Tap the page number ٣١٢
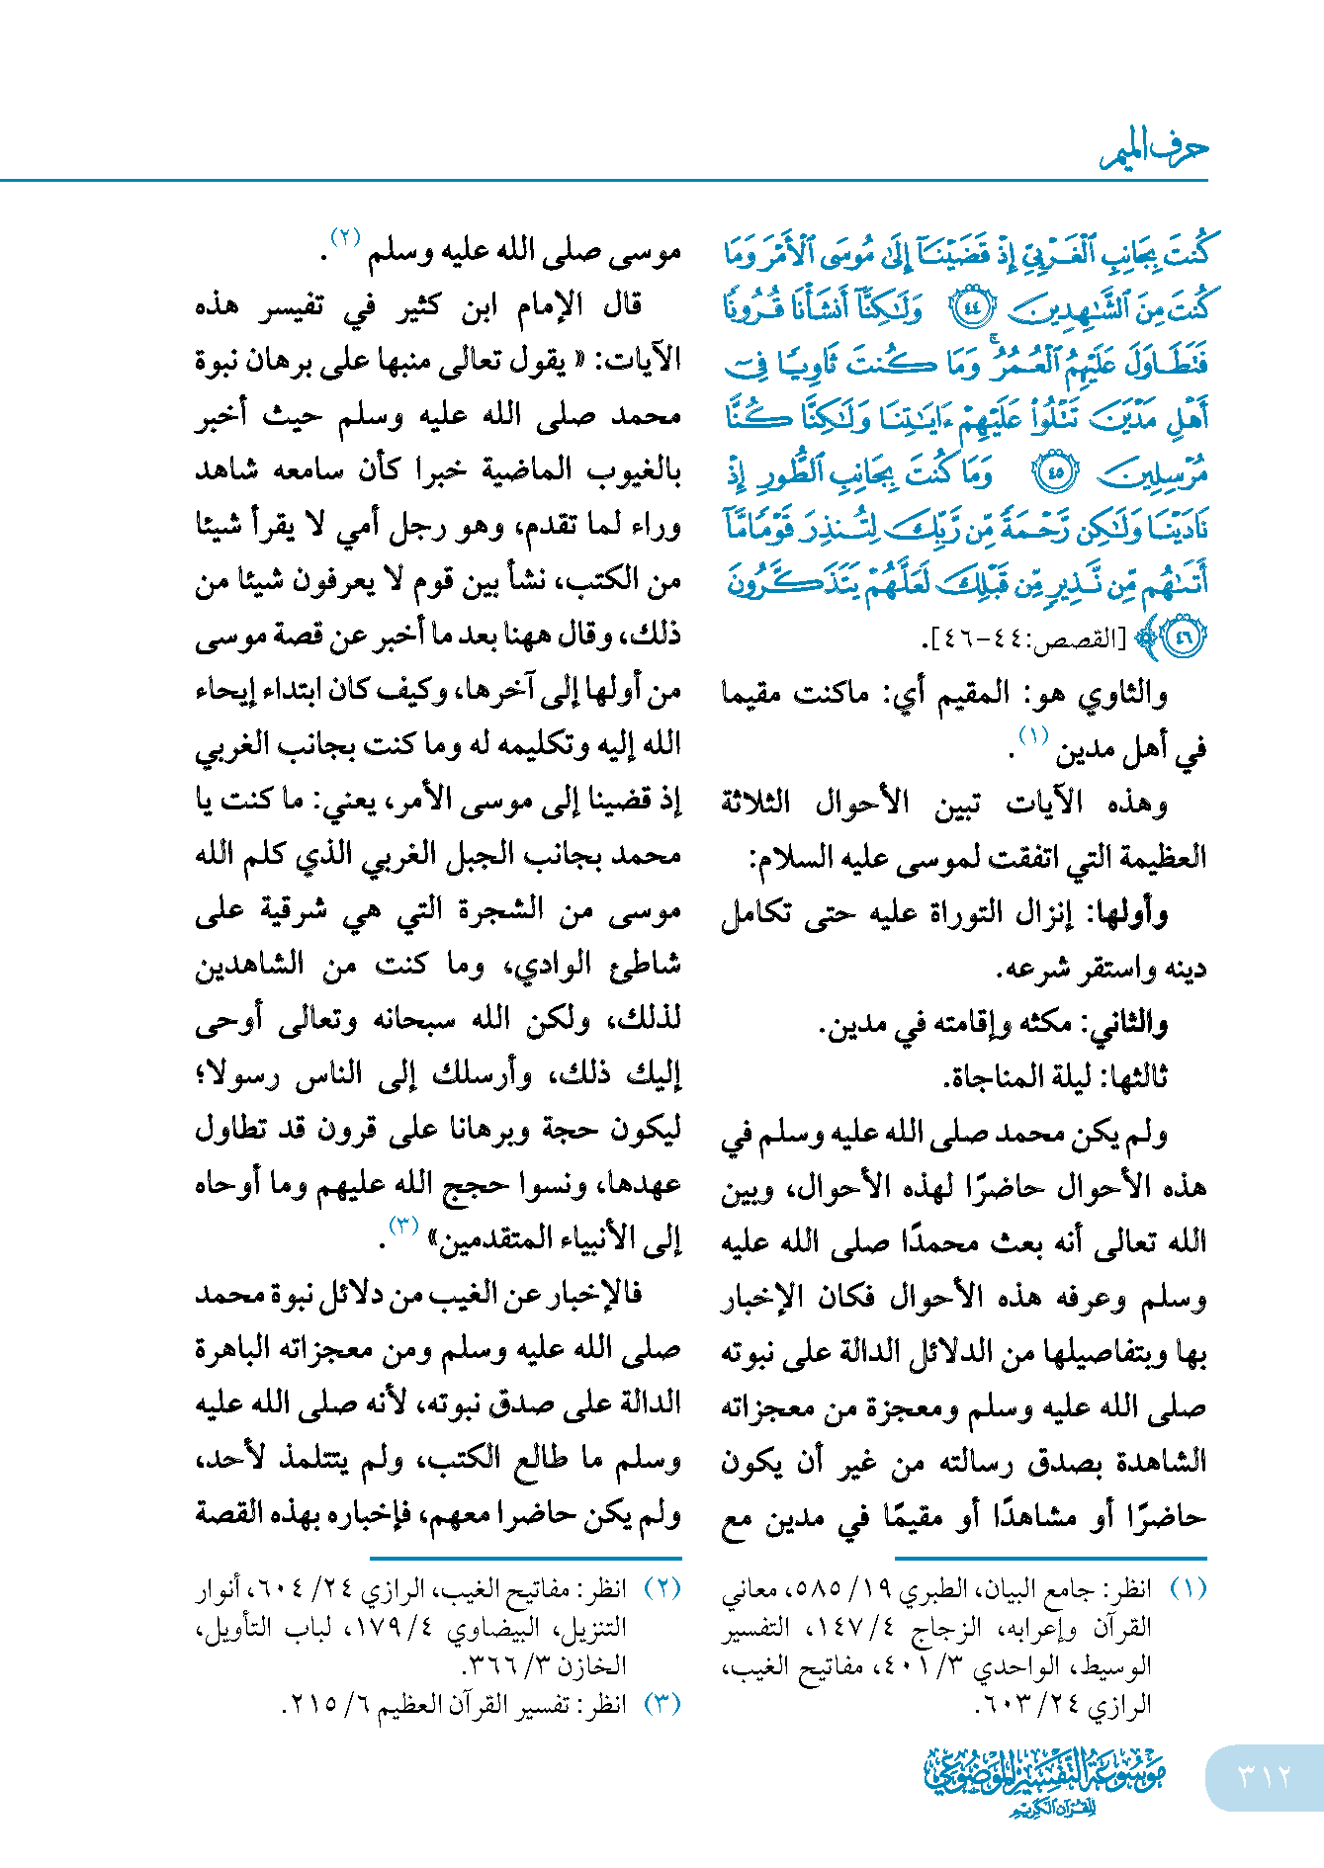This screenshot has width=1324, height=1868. pyautogui.click(x=1265, y=1776)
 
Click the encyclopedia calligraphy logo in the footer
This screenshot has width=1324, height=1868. pyautogui.click(x=1045, y=1780)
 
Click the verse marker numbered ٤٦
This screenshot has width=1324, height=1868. pyautogui.click(x=1183, y=637)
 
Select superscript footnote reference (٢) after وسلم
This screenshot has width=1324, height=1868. pyautogui.click(x=345, y=238)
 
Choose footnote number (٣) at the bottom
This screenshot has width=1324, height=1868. pyautogui.click(x=662, y=1705)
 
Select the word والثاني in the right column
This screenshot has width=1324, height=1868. pyautogui.click(x=1128, y=1023)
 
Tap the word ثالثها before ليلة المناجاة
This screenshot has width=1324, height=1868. pyautogui.click(x=1132, y=1076)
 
